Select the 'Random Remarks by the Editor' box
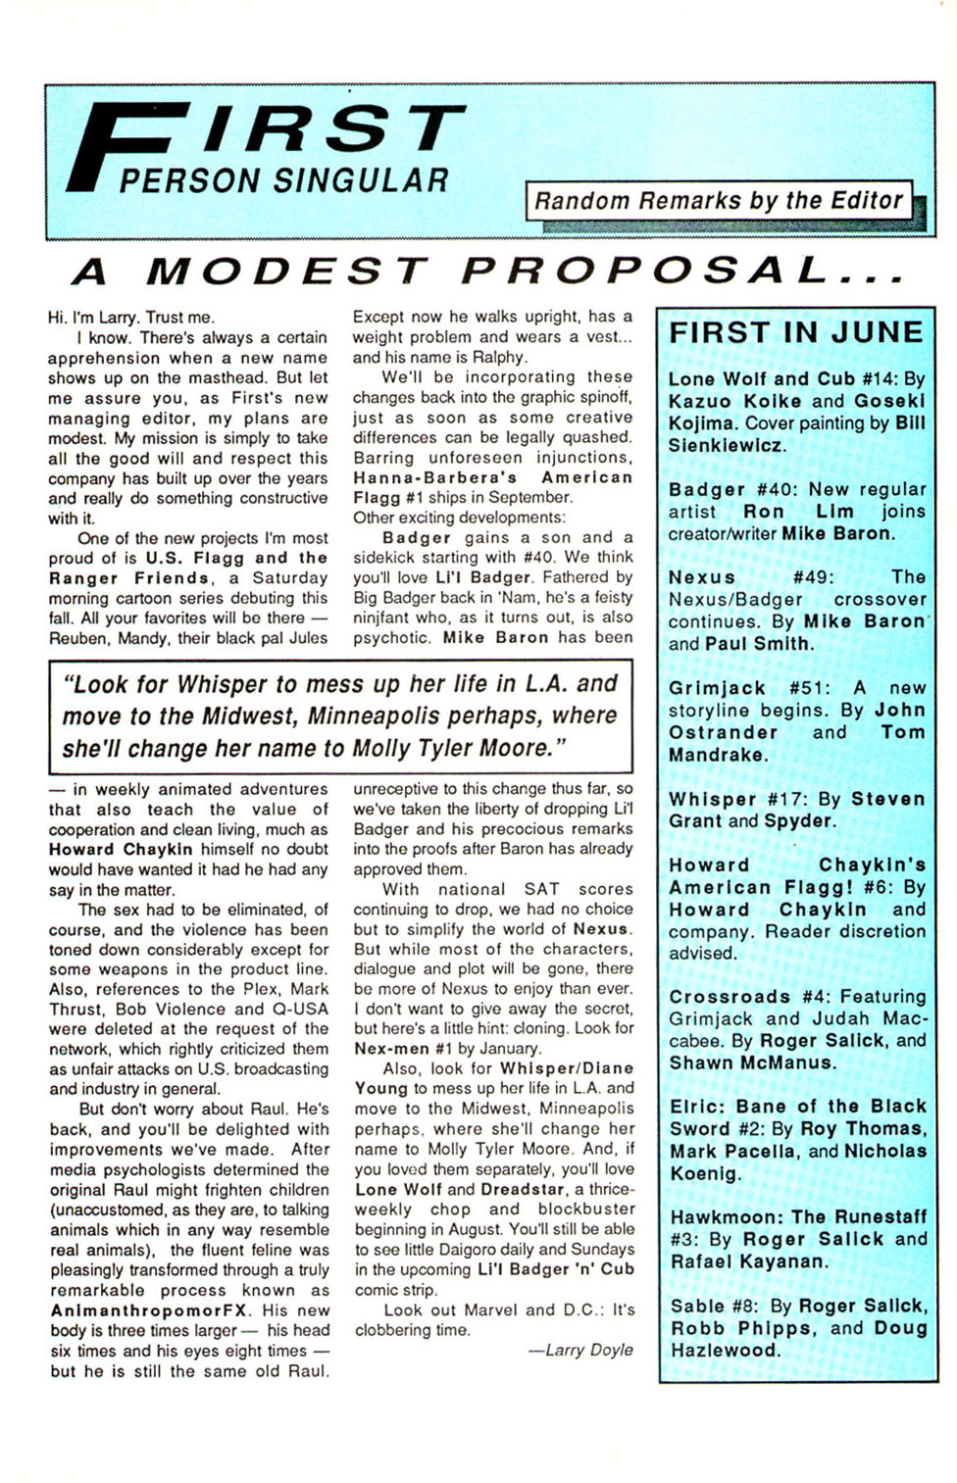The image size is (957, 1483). pos(719,201)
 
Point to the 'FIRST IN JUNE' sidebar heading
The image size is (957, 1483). pos(796,333)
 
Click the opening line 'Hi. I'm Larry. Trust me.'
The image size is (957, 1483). pos(130,318)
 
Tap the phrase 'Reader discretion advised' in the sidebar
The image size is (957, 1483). pos(796,942)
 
